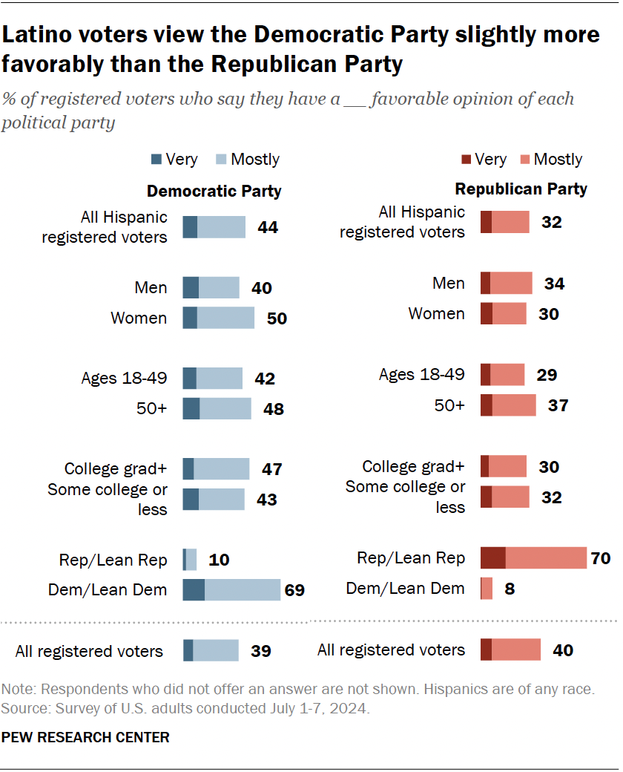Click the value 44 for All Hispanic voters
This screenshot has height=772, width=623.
point(268,227)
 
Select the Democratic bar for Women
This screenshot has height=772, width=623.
point(218,318)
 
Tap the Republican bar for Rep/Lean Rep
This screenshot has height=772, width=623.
point(533,558)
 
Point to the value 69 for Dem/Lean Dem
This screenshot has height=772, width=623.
point(294,590)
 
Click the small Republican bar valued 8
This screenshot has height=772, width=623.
point(487,589)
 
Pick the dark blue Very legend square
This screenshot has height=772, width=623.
point(156,159)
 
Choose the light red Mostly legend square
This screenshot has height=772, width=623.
point(524,159)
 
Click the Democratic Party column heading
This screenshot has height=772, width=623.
point(214,192)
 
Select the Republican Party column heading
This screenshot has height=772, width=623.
point(521,189)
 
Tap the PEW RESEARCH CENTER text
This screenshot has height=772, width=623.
point(85,737)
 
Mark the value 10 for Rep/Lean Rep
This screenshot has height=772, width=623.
point(220,559)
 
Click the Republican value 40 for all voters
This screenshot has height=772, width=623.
point(563,650)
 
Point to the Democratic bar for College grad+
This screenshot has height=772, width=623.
point(215,468)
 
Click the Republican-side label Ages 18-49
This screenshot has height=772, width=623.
point(421,374)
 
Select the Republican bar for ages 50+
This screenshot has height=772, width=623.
point(508,405)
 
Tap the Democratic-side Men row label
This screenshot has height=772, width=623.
point(151,287)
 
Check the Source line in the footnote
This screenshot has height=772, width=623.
point(185,707)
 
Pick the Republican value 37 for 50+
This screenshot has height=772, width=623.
point(558,405)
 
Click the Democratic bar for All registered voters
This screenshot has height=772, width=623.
point(211,650)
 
